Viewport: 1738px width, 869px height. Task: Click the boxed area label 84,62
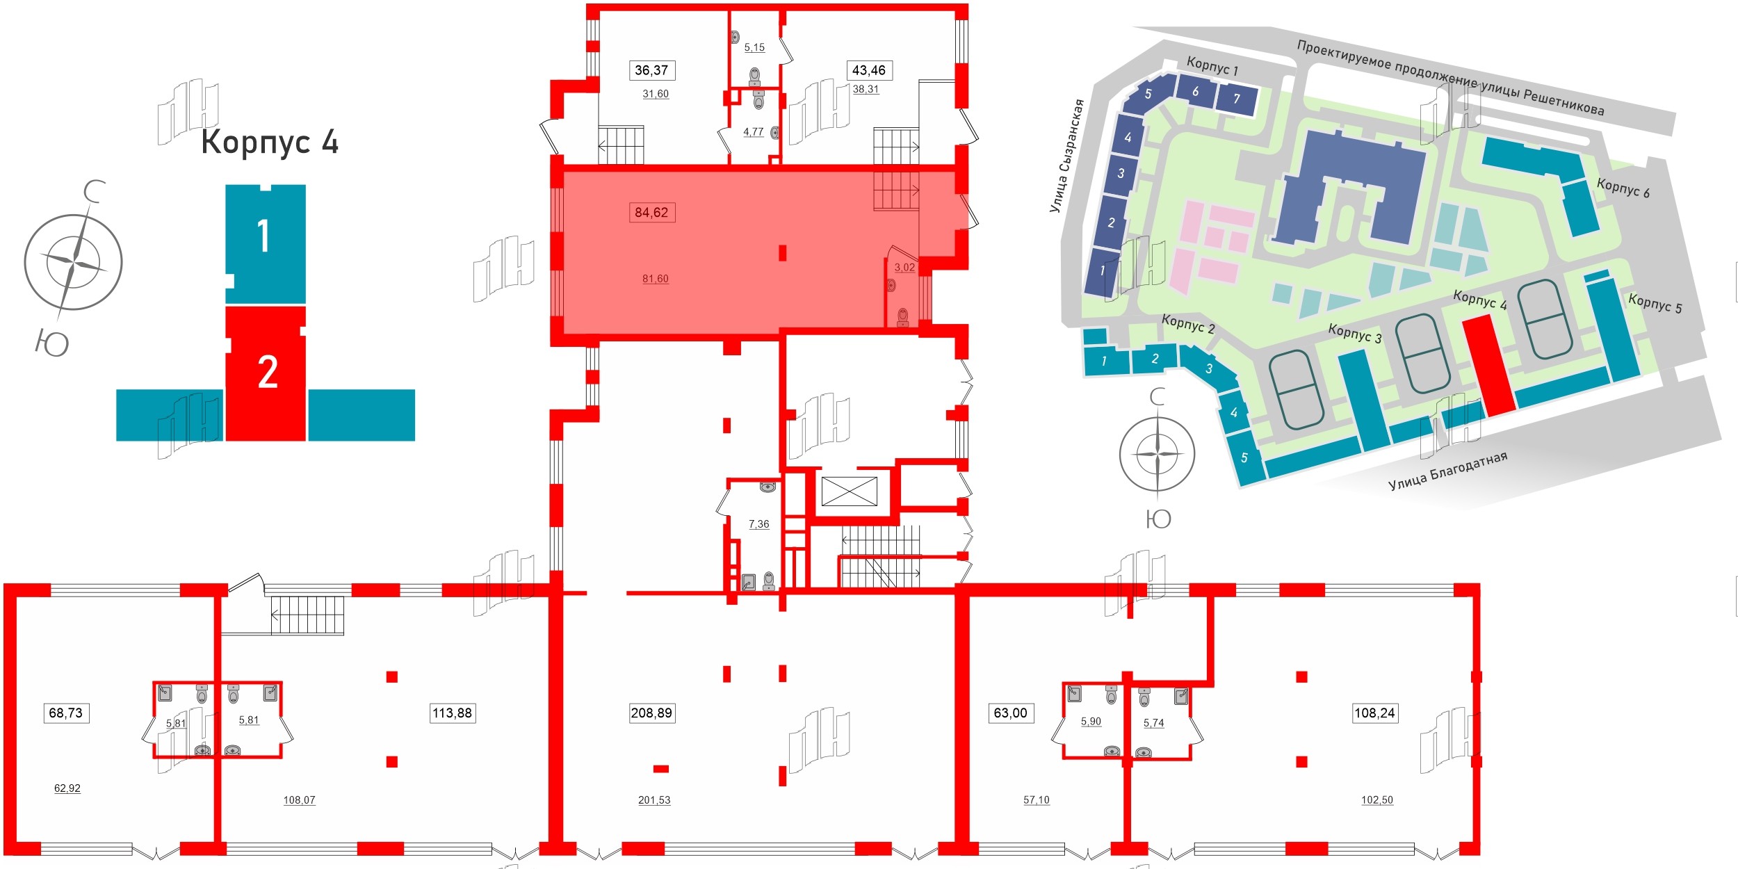[651, 212]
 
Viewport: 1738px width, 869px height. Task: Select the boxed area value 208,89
[651, 713]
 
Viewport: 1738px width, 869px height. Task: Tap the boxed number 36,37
[651, 70]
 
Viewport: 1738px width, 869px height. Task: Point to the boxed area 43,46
[868, 70]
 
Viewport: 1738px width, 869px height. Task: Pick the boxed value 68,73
[66, 713]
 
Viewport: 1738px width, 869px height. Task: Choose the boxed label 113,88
[452, 713]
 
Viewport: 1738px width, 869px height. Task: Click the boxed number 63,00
[1010, 713]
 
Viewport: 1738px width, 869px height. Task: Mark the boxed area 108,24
[1374, 713]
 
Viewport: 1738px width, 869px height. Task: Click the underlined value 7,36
[758, 524]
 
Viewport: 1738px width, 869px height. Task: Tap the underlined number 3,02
[904, 267]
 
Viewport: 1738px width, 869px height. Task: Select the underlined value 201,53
[654, 800]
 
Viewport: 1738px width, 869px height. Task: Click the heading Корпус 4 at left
[270, 142]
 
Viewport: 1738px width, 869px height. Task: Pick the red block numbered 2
[266, 373]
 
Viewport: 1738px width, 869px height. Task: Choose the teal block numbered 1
[265, 236]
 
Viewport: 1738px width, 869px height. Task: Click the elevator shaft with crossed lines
[849, 492]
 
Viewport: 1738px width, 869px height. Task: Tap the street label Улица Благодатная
[1447, 471]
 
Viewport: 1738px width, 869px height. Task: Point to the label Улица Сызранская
[1066, 156]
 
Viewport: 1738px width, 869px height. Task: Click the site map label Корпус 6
[1623, 188]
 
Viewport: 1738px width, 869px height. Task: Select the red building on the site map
[1488, 364]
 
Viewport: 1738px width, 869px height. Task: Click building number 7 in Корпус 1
[1236, 99]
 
